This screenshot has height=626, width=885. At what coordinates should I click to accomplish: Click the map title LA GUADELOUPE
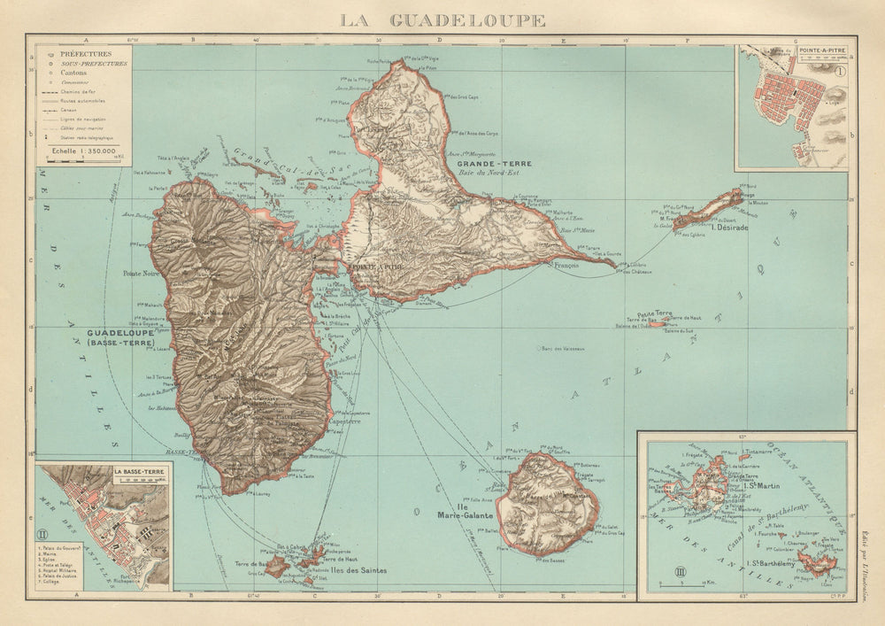(x=442, y=19)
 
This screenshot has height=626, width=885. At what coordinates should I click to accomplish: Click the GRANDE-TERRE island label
(x=481, y=165)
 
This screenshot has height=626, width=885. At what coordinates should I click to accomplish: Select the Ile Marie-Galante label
(x=460, y=508)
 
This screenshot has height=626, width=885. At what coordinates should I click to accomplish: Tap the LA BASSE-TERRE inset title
(x=138, y=473)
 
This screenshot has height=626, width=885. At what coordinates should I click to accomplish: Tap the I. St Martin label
(x=764, y=484)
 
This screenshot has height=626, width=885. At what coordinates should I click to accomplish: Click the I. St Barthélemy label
(x=771, y=563)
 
